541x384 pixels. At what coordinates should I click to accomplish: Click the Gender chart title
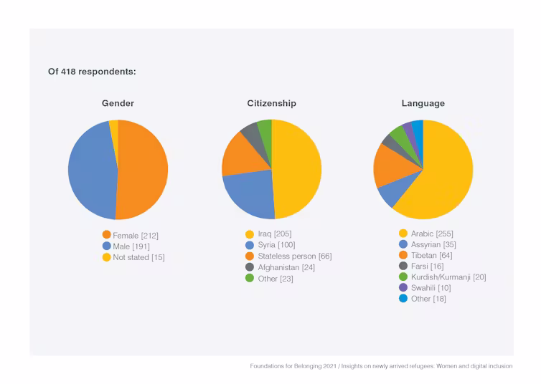[118, 103]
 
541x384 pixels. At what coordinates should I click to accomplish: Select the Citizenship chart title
[271, 103]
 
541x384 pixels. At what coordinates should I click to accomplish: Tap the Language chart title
[423, 103]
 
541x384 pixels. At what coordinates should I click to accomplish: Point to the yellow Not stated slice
[114, 126]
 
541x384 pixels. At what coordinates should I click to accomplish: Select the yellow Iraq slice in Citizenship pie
[298, 170]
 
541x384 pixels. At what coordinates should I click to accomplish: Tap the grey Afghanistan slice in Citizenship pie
[250, 130]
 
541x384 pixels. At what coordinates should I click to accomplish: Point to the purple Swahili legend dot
[403, 287]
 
